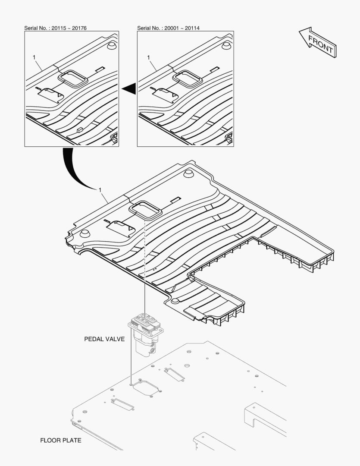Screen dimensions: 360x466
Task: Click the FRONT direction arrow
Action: point(317,42)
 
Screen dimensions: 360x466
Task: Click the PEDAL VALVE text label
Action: point(104,339)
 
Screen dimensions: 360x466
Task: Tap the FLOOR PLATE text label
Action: point(61,440)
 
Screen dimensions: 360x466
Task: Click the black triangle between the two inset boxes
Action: point(130,88)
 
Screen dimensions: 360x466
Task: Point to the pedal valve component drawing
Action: point(146,334)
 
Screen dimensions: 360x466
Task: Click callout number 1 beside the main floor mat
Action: point(100,189)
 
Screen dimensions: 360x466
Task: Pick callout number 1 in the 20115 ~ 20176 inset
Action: point(34,57)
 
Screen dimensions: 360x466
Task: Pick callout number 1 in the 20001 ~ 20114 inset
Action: point(148,57)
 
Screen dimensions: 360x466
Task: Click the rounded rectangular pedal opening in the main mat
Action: point(145,210)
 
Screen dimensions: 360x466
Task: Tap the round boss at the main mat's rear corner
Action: point(188,173)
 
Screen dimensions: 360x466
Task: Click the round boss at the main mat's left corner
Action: point(85,233)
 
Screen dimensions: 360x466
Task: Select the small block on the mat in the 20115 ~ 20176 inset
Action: point(80,129)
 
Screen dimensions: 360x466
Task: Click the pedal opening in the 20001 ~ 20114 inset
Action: point(188,79)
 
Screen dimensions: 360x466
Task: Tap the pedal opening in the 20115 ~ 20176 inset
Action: point(73,79)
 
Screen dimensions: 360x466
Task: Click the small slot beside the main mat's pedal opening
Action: point(175,199)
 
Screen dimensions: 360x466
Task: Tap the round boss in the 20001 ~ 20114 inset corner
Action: point(226,45)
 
